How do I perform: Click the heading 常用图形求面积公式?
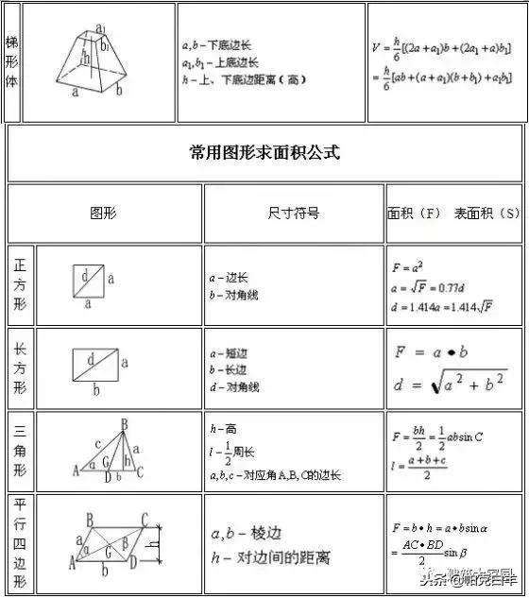click(x=264, y=152)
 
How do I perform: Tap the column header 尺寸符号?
click(x=293, y=214)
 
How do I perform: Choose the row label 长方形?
click(x=20, y=368)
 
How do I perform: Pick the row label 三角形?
click(x=20, y=451)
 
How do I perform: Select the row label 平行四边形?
click(x=20, y=545)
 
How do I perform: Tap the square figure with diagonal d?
click(x=88, y=281)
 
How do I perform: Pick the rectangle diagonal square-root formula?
click(x=452, y=383)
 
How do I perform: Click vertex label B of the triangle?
click(x=124, y=425)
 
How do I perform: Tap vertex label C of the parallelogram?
click(x=145, y=519)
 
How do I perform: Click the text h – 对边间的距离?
click(x=269, y=558)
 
